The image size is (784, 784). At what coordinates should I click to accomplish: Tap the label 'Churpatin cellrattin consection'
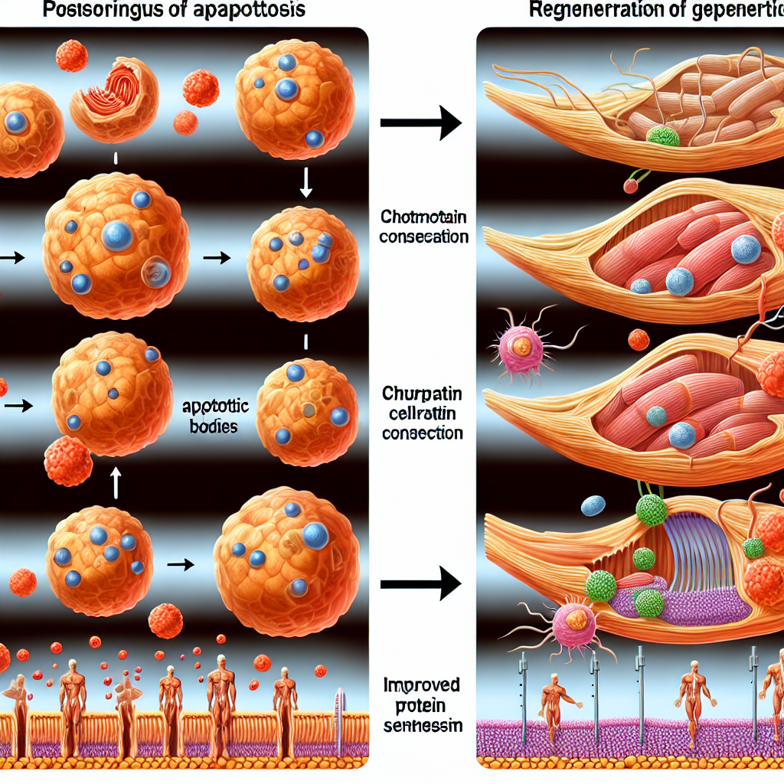pos(423,413)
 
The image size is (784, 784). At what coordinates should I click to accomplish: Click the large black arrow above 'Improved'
pos(420,583)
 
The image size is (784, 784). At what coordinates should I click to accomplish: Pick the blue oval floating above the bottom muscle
pos(593,505)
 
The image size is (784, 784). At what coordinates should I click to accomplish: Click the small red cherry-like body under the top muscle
pos(631,185)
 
